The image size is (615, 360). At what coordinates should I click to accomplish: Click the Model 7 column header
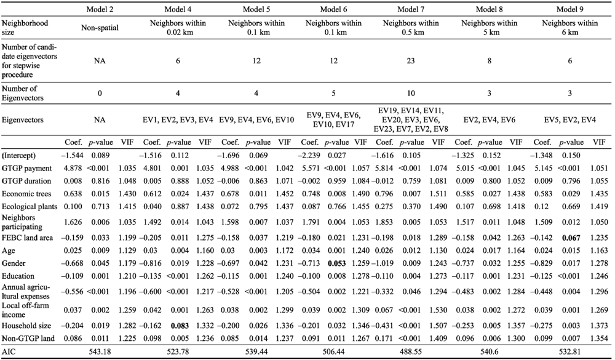[411, 9]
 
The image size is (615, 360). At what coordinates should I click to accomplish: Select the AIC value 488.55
[411, 351]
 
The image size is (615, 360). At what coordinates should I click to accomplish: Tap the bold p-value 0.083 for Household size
[178, 326]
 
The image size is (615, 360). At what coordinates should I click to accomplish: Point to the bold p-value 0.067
[571, 238]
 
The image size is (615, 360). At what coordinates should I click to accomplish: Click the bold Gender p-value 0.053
[337, 263]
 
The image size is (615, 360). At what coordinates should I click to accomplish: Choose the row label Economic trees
[26, 194]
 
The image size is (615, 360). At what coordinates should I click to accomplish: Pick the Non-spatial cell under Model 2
[100, 28]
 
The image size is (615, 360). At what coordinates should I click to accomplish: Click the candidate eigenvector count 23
[411, 61]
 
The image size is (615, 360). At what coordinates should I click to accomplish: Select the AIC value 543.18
[100, 351]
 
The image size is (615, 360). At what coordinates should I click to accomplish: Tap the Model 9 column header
[570, 9]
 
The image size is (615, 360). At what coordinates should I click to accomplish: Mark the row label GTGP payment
[26, 169]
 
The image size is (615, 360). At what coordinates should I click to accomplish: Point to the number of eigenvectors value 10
[411, 94]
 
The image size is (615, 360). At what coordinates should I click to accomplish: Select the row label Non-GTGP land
[28, 338]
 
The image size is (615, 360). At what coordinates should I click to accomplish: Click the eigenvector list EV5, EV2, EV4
[570, 120]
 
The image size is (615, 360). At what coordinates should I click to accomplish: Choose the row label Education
[18, 276]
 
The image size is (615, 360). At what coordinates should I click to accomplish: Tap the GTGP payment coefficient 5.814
[385, 169]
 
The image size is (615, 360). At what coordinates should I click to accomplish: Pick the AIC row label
[9, 351]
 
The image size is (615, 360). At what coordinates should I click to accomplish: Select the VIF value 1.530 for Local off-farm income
[438, 310]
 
